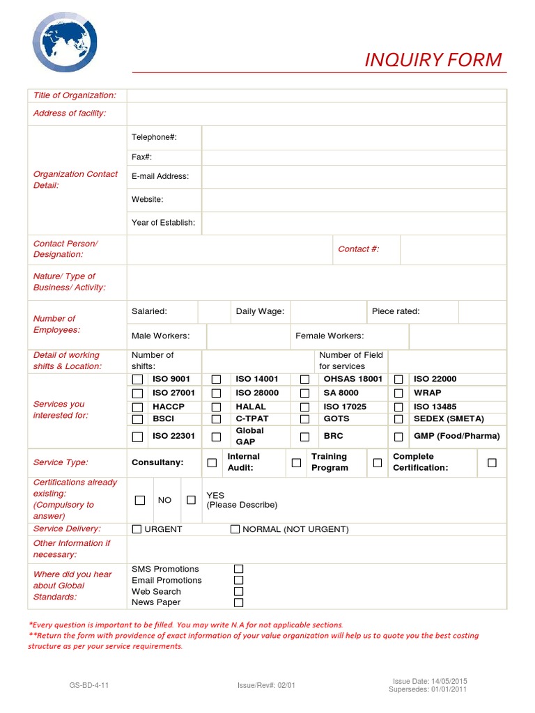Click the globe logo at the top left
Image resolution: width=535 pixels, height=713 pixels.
pos(65,42)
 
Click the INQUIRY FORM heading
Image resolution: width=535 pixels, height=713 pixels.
pos(433,60)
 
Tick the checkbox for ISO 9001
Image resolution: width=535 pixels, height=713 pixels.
pos(138,379)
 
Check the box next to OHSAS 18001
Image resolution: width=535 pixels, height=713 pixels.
pos(304,379)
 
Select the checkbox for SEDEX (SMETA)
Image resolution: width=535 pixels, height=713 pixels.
pos(398,419)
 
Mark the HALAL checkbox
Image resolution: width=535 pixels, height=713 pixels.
pos(216,407)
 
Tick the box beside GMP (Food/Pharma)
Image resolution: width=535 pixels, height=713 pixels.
pos(398,437)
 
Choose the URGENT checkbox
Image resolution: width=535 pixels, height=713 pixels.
pos(137,529)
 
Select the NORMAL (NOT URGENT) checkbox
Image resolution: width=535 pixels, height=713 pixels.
pos(235,529)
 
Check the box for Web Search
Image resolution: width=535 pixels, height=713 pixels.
pos(238,591)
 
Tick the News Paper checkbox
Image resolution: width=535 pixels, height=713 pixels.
pos(238,602)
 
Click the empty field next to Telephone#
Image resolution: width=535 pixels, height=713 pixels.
pos(354,137)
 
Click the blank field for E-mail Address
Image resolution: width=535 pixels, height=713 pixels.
pos(354,176)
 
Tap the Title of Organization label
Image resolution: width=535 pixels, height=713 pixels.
pos(75,95)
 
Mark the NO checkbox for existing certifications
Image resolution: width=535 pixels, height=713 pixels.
pos(140,500)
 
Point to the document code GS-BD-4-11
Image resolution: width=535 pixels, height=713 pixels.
pos(89,685)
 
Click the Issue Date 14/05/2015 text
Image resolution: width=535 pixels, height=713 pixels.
pos(430,681)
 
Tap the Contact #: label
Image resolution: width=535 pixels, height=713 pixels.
pos(358,249)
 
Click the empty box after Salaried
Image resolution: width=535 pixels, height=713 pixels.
pos(214,312)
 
